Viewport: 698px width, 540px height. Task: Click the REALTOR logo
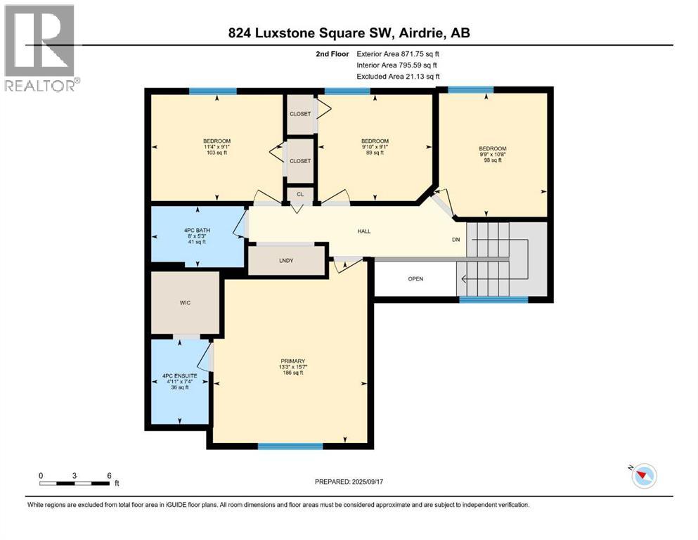pos(39,48)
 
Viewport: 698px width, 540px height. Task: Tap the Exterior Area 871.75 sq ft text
pos(402,53)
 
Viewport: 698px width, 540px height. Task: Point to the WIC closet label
pos(185,302)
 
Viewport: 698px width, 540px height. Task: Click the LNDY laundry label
pos(286,260)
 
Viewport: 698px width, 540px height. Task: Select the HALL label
pos(363,231)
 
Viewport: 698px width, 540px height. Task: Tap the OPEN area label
pos(416,278)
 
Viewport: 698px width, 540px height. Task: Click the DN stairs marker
pos(456,240)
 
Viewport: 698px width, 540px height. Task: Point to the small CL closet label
pos(299,194)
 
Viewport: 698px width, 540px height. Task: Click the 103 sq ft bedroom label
pos(216,147)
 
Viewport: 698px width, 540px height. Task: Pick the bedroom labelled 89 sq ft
pos(374,147)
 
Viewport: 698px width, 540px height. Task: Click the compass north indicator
pos(644,476)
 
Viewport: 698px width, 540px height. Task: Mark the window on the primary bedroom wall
pos(290,446)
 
